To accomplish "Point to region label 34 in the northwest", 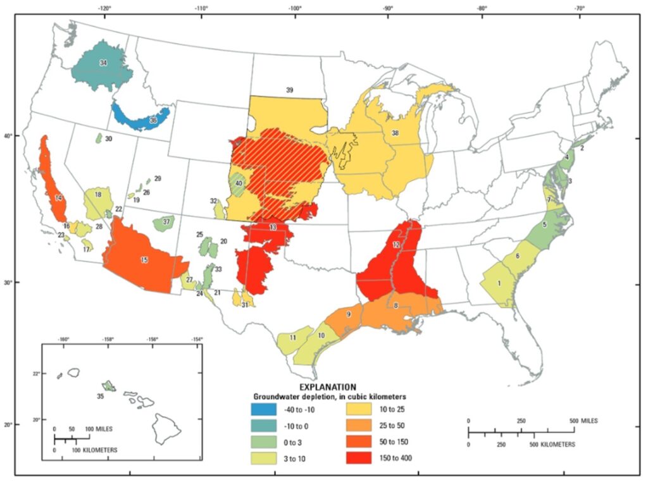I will pyautogui.click(x=103, y=63).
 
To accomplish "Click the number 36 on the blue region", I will pyautogui.click(x=153, y=120).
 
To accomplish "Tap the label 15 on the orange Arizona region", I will pyautogui.click(x=144, y=260).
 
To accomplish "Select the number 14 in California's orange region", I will pyautogui.click(x=58, y=198).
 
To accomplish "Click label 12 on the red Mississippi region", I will pyautogui.click(x=396, y=245).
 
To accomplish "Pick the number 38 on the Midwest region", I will pyautogui.click(x=395, y=133).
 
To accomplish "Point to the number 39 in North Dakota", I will pyautogui.click(x=289, y=90).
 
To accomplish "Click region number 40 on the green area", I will pyautogui.click(x=239, y=183).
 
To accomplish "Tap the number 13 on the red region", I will pyautogui.click(x=273, y=227).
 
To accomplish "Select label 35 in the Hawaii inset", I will pyautogui.click(x=100, y=396).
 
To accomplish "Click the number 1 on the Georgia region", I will pyautogui.click(x=500, y=283).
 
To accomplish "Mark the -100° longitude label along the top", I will pyautogui.click(x=294, y=8).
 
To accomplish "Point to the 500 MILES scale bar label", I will pyautogui.click(x=582, y=421).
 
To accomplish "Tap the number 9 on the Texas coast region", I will pyautogui.click(x=348, y=314).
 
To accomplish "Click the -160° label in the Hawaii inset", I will pyautogui.click(x=63, y=339).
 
